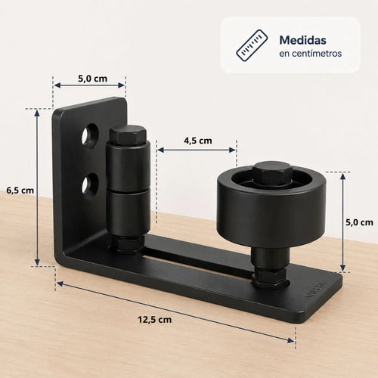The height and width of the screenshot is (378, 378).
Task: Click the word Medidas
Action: coord(302,40)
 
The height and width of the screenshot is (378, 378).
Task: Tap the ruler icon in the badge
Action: coord(252,45)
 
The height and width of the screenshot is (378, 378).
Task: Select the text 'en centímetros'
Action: coord(310,54)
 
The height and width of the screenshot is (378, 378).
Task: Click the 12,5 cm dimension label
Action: coord(155,320)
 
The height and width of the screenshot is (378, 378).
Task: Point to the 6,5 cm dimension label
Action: coord(20,191)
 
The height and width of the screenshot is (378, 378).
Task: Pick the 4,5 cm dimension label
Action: coord(198,141)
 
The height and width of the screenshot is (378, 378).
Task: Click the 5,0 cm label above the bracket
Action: coord(92,79)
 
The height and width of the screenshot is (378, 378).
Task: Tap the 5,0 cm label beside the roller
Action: coord(359,222)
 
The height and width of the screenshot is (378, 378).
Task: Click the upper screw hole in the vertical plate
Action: coord(90,135)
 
